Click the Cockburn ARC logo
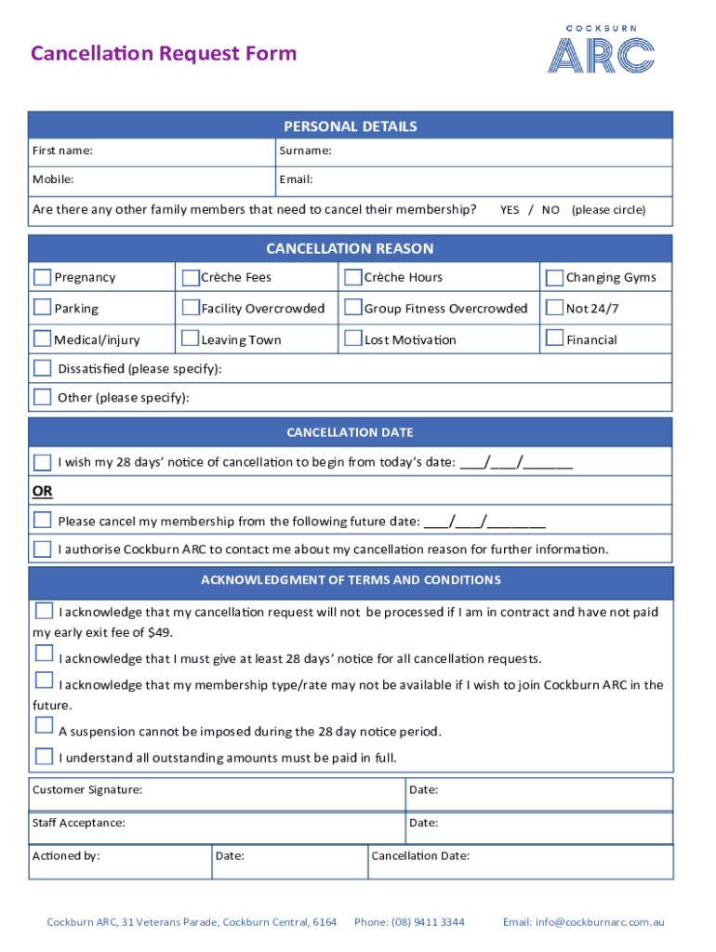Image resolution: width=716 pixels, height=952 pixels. click(x=601, y=48)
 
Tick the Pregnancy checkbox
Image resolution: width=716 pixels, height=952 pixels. click(x=43, y=277)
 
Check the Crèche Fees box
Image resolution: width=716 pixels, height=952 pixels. click(x=191, y=277)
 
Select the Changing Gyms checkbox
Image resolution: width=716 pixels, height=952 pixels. click(x=554, y=277)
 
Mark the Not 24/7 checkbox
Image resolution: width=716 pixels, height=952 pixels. click(x=554, y=308)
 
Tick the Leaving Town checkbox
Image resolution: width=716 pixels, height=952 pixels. click(x=191, y=338)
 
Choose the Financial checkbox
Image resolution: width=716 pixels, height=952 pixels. click(x=554, y=338)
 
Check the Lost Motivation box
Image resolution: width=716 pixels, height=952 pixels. click(x=352, y=338)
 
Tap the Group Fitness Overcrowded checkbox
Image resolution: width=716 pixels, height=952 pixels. click(x=352, y=308)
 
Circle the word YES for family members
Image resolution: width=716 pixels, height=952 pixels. click(x=510, y=210)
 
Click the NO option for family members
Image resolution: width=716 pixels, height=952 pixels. click(x=550, y=210)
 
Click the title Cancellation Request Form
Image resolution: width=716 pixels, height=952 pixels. click(x=164, y=53)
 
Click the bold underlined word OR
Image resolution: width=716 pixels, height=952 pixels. click(x=43, y=490)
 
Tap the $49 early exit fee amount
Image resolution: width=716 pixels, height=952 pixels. click(x=159, y=632)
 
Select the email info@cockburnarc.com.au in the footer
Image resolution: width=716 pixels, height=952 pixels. click(x=599, y=922)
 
